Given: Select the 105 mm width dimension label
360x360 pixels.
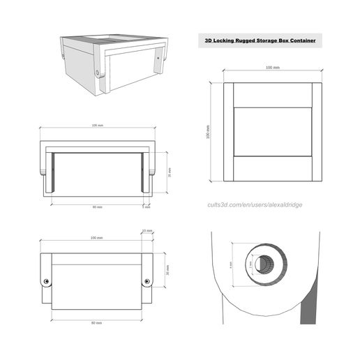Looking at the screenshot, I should point(97,126).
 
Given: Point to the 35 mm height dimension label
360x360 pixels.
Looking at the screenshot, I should point(170,174).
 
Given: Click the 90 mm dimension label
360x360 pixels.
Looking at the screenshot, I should point(97,207).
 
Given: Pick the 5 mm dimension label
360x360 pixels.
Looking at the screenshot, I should point(147,207).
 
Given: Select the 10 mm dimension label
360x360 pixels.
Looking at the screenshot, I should point(147,230).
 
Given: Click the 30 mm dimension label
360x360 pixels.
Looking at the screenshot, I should point(167,269).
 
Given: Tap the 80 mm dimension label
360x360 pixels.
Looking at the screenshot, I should point(97,324).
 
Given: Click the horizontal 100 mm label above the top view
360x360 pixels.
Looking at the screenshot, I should point(272,68).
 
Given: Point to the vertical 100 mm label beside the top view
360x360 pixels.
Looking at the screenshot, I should point(208,133).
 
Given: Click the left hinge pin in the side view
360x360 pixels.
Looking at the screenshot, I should point(47,281).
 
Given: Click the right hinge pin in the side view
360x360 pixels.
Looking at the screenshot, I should point(147,281).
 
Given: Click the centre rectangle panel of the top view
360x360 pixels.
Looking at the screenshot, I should point(272,133).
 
